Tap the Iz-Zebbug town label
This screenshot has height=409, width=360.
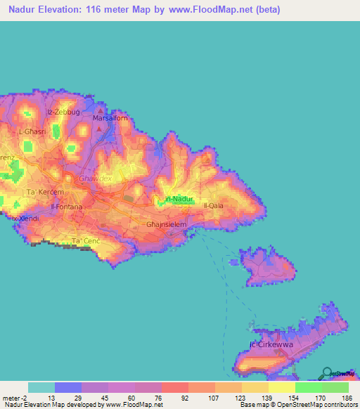pos(60,112)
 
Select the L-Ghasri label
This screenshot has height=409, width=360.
pos(32,131)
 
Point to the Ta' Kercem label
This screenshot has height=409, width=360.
pos(44,192)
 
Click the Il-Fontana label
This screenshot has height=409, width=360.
pos(67,207)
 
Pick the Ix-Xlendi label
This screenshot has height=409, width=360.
pos(25,219)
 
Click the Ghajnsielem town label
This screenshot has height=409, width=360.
pos(166,225)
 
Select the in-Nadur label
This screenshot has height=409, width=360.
pos(179,200)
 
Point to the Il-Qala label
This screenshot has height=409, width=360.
pos(213,205)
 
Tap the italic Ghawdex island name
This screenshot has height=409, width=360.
pos(94,179)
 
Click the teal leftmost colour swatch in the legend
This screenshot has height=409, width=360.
pos(41,387)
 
